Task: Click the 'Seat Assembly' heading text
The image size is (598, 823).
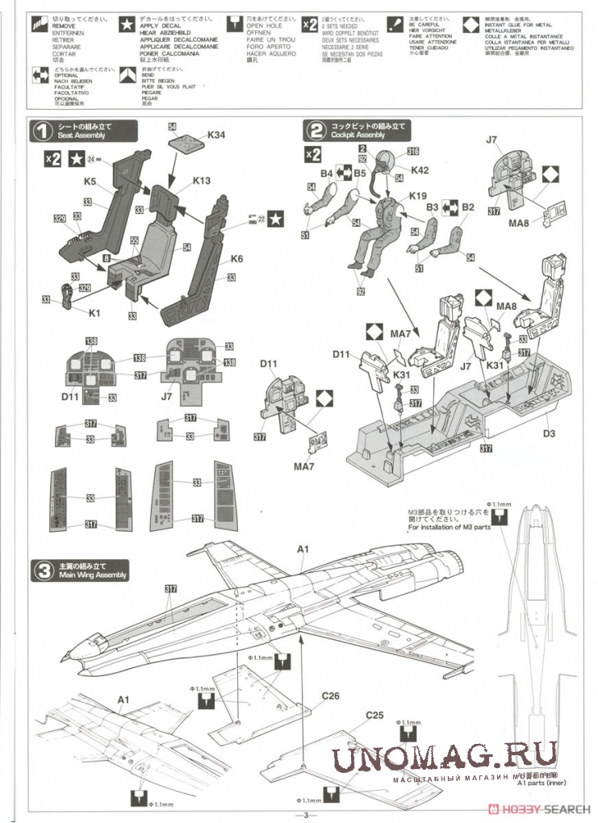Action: [x=80, y=136]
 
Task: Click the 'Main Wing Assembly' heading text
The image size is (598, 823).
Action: [x=93, y=575]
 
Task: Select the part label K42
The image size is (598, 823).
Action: [x=420, y=169]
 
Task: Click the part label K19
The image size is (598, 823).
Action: [x=417, y=195]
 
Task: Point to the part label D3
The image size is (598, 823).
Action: [x=549, y=433]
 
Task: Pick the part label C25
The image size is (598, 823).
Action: [x=374, y=715]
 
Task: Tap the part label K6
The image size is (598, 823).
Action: [x=236, y=259]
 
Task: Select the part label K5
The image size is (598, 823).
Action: [x=90, y=182]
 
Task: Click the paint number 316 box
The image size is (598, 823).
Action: [x=412, y=151]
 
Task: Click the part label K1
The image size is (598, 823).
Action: [x=94, y=312]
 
